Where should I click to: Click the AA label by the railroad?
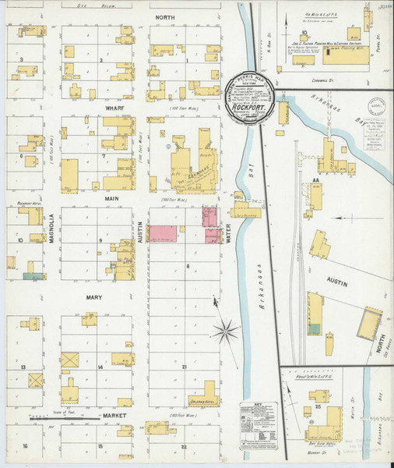[x=316, y=179]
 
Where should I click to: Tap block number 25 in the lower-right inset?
[x=318, y=406]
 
